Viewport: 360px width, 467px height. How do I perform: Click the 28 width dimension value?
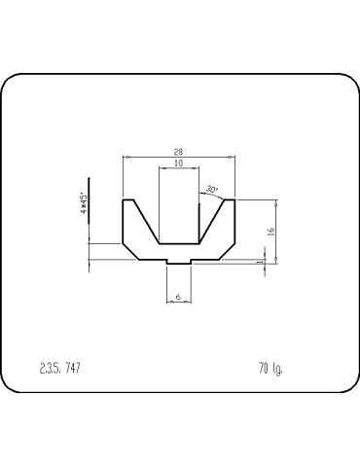tap(180, 152)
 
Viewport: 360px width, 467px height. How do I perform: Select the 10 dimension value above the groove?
tap(177, 164)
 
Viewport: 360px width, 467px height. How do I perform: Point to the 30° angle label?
tap(212, 189)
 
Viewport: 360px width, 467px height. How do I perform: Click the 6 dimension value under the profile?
tap(178, 296)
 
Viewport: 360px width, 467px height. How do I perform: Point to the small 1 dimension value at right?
tap(259, 261)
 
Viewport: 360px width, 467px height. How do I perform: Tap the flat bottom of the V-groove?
tap(178, 241)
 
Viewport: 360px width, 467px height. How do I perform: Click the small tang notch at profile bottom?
tap(178, 263)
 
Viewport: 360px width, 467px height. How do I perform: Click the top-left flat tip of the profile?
tap(128, 199)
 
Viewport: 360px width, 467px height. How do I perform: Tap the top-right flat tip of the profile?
tap(230, 199)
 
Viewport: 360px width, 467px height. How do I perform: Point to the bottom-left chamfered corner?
tap(131, 251)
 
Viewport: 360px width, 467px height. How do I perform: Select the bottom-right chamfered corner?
tap(227, 251)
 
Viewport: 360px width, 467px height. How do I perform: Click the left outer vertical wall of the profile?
tap(123, 222)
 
